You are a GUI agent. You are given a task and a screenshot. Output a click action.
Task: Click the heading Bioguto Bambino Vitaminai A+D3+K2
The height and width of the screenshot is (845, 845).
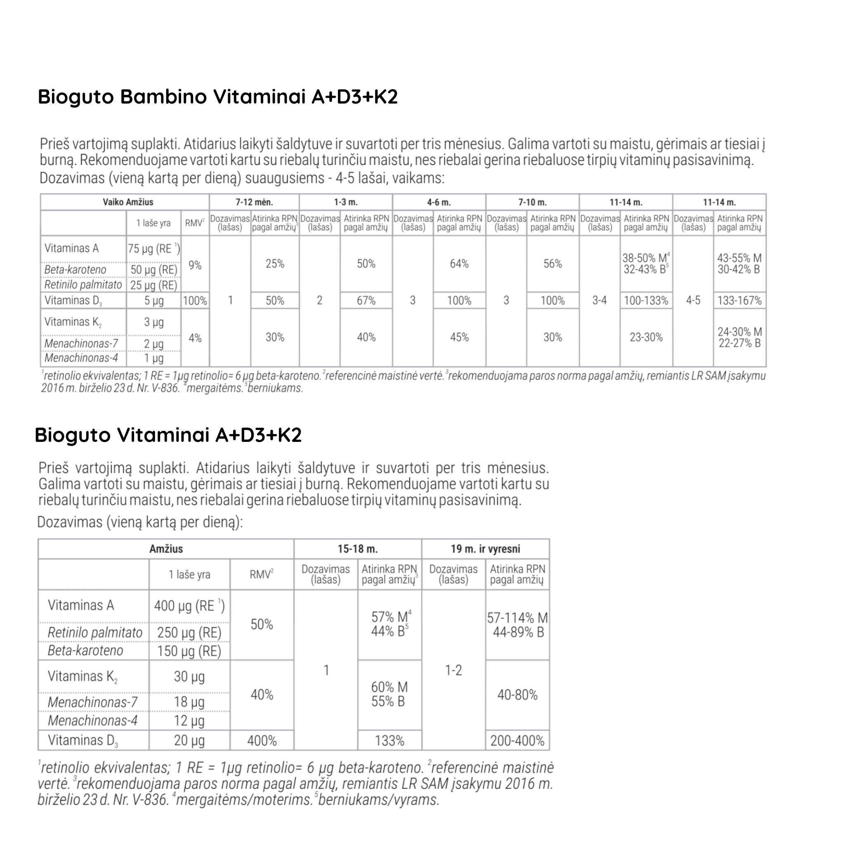click(218, 97)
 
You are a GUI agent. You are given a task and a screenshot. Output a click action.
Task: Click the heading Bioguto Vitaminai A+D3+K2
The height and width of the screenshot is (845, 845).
click(168, 435)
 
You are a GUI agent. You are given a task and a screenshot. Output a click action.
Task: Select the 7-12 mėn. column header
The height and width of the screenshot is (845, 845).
click(254, 202)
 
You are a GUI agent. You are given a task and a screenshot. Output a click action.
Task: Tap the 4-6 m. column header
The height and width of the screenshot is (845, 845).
click(439, 202)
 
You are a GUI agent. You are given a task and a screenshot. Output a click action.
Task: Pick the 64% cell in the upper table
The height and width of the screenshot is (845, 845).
click(459, 264)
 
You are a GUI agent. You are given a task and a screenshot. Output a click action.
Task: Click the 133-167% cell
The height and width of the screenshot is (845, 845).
click(739, 300)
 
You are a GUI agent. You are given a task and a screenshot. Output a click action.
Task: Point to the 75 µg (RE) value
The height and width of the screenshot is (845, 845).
click(153, 249)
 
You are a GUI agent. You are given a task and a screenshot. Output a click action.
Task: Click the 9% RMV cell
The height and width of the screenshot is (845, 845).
click(195, 265)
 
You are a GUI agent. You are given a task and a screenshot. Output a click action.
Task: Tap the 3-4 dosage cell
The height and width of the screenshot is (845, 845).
click(599, 300)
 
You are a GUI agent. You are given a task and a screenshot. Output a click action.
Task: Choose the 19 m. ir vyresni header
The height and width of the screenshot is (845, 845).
click(486, 549)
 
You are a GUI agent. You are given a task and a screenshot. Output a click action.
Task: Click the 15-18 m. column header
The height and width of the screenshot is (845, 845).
click(357, 549)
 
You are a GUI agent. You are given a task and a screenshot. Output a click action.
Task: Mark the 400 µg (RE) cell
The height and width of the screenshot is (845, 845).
click(189, 606)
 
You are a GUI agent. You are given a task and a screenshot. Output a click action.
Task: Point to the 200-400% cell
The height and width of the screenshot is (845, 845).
click(517, 741)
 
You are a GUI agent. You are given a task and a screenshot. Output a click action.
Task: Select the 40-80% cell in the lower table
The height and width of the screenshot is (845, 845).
click(517, 694)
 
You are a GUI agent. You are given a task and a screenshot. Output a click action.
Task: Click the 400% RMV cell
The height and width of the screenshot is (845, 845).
click(262, 741)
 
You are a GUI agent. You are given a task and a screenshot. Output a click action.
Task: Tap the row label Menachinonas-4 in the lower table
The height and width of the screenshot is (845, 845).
click(93, 720)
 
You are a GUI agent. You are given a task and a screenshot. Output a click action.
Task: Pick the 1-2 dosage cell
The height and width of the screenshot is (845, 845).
click(453, 670)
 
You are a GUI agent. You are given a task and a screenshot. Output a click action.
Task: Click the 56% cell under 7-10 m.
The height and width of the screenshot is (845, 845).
click(552, 264)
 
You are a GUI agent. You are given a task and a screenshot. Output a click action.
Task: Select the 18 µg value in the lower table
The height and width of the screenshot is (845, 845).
click(189, 702)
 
